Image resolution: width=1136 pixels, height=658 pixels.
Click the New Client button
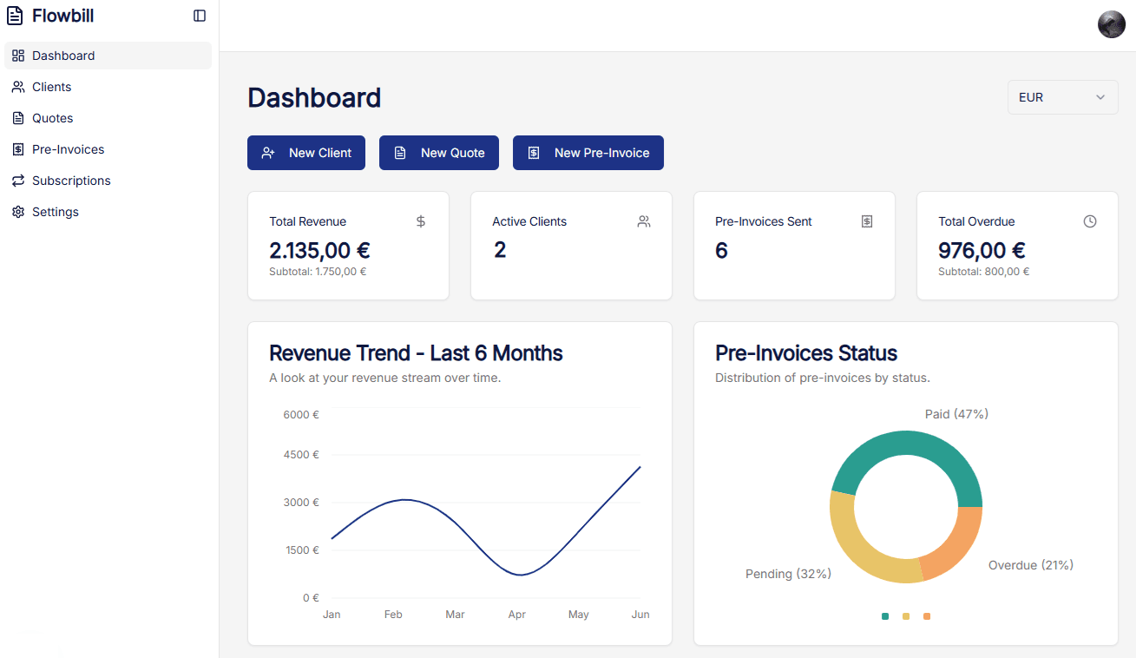(x=306, y=153)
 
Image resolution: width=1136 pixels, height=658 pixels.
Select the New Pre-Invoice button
(x=588, y=153)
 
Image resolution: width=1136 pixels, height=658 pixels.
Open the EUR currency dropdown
(x=1062, y=97)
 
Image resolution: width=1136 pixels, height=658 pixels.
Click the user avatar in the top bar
(x=1111, y=24)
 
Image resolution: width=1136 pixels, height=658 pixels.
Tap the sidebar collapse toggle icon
(x=200, y=16)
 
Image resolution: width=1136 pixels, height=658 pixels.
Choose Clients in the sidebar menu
(x=52, y=87)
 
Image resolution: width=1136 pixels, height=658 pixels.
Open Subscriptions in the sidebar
(x=71, y=181)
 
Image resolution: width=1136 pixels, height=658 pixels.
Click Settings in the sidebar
(x=56, y=212)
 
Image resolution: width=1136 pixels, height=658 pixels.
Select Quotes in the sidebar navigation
(x=52, y=118)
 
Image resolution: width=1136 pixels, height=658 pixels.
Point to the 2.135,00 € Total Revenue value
(x=319, y=251)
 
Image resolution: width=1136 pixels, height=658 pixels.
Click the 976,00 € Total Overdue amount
(x=982, y=251)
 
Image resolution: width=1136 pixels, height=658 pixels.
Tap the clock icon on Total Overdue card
(x=1090, y=221)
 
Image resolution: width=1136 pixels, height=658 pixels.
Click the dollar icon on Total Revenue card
(x=421, y=221)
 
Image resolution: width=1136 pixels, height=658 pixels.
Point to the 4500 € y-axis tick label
(x=301, y=455)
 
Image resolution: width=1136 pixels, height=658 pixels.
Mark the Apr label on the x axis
(x=517, y=615)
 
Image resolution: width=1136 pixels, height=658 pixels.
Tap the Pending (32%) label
(x=788, y=574)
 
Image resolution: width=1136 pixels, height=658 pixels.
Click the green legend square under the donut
(x=885, y=616)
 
